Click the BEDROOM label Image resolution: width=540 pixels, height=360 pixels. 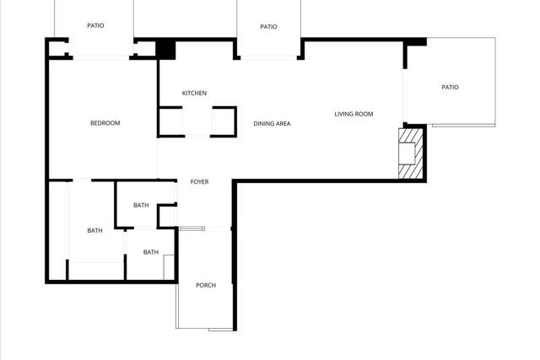click(105, 123)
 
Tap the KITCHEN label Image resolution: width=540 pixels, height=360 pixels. click(194, 93)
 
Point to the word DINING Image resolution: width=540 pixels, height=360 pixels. click(263, 123)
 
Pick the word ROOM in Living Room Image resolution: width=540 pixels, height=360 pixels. click(364, 114)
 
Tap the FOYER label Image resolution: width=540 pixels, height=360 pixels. click(199, 182)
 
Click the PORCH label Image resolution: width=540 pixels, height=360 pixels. click(206, 285)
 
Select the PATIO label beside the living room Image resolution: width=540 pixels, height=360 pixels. click(450, 87)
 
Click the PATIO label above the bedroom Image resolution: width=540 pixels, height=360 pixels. click(95, 25)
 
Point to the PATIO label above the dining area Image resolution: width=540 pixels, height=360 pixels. click(268, 26)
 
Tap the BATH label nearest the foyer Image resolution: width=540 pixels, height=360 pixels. click(141, 205)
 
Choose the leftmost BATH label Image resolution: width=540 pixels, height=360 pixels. click(94, 230)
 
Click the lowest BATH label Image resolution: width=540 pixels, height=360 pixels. click(151, 252)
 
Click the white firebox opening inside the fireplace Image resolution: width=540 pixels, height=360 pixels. click(407, 153)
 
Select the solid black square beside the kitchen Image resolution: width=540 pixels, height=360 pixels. click(165, 51)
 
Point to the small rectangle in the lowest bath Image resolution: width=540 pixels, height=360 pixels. click(169, 267)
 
